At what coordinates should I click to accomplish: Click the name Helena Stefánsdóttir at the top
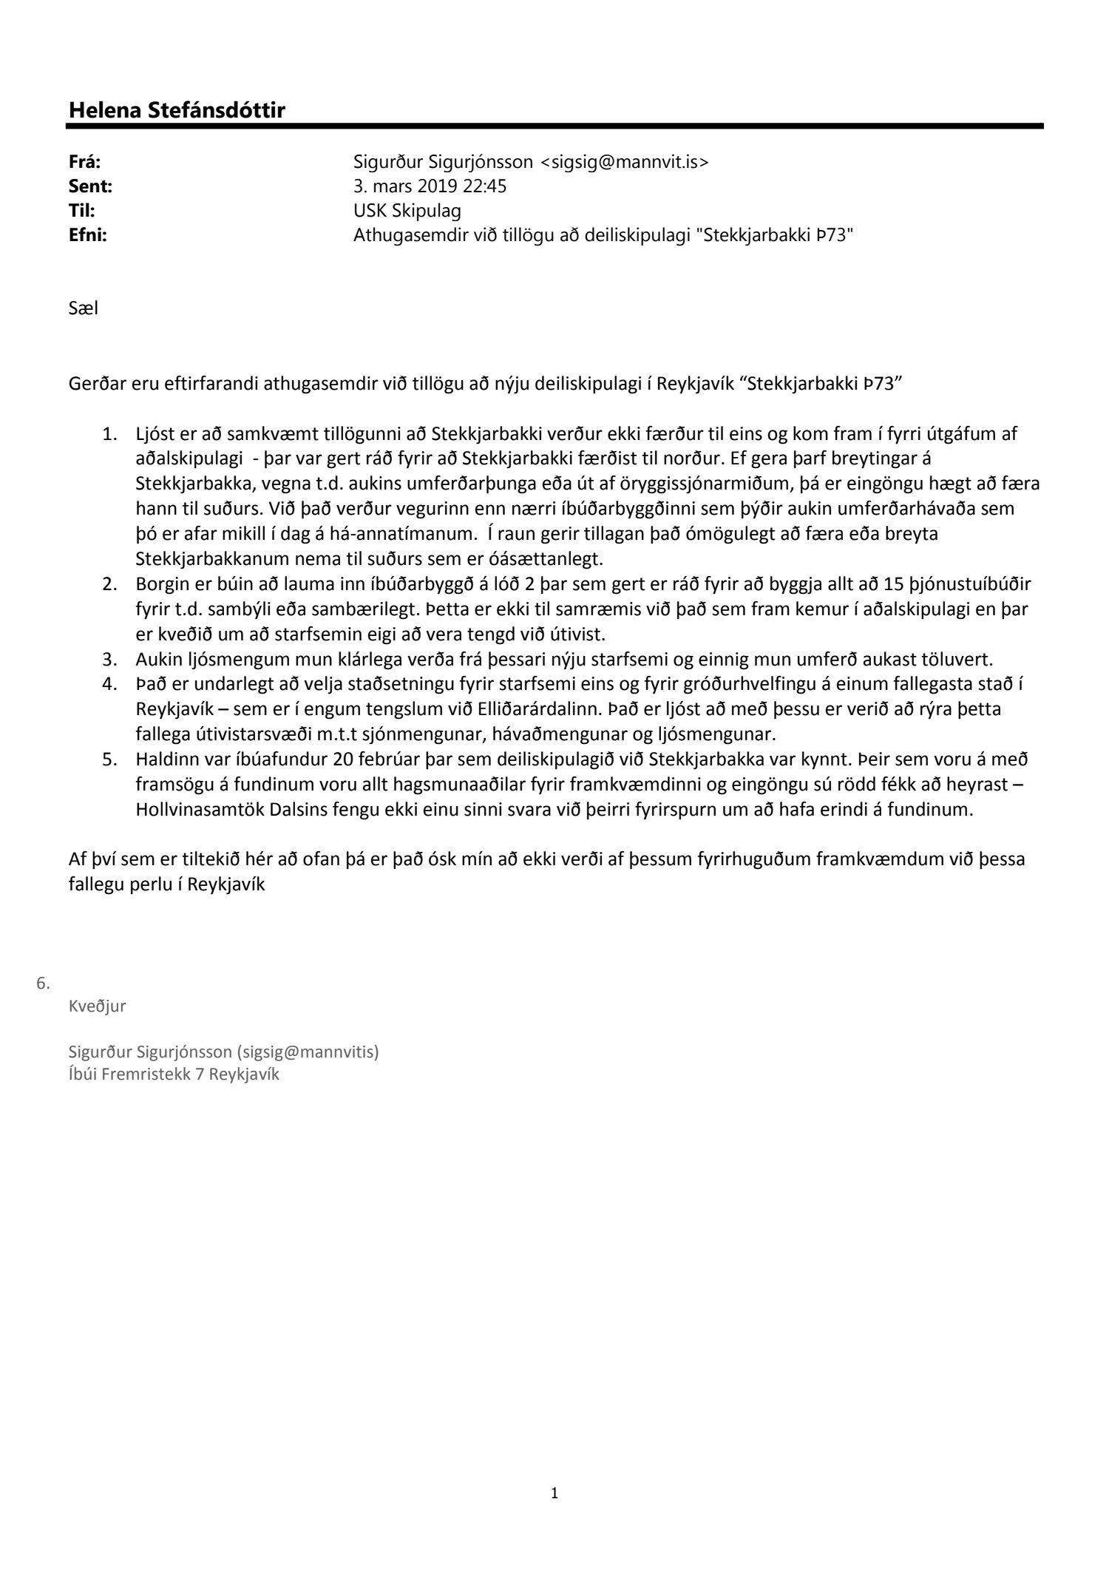pyautogui.click(x=177, y=110)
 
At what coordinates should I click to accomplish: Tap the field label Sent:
pyautogui.click(x=90, y=186)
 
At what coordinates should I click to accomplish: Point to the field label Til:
pyautogui.click(x=81, y=211)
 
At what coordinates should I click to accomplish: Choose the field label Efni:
pyautogui.click(x=87, y=235)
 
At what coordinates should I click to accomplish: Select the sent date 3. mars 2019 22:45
pyautogui.click(x=430, y=186)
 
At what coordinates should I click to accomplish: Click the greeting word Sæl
pyautogui.click(x=83, y=308)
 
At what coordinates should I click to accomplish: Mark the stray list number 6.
pyautogui.click(x=43, y=983)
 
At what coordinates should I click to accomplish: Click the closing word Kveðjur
pyautogui.click(x=97, y=1006)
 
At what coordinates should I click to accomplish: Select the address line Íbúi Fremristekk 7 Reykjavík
pyautogui.click(x=174, y=1074)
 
